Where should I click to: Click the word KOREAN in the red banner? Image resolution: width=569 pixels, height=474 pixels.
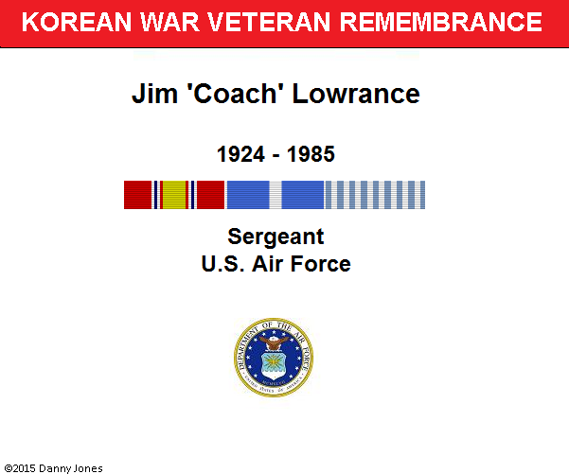tap(76, 22)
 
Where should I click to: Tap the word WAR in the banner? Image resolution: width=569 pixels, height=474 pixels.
tap(169, 22)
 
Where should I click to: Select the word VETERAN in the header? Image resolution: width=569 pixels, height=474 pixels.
tap(269, 22)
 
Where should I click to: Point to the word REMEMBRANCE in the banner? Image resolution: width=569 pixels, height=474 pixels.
tap(440, 22)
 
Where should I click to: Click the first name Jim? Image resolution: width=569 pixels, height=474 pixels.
tap(154, 94)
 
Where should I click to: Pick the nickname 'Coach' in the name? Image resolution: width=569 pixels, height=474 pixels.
tap(235, 94)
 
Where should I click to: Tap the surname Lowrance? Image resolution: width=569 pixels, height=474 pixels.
tap(356, 94)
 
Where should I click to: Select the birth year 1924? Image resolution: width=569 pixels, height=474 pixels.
tap(241, 154)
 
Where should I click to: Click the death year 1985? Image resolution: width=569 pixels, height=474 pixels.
tap(311, 154)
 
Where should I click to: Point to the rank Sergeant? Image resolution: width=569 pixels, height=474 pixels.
tap(276, 237)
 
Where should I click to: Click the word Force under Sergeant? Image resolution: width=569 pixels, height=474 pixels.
tap(320, 264)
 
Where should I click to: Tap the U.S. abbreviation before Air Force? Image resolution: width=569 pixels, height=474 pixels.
tap(222, 264)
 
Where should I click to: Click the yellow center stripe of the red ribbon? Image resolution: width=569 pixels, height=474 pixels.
tap(174, 195)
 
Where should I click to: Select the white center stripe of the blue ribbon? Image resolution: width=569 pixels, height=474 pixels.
tap(276, 195)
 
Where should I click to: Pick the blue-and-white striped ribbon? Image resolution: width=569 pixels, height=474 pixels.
tap(375, 195)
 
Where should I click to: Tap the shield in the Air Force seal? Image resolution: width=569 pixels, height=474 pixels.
tap(274, 365)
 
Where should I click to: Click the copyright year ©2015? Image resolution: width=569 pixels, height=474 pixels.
tap(20, 468)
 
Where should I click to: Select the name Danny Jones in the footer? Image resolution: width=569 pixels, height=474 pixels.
tap(70, 468)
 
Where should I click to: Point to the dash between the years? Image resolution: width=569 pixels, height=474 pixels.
tap(276, 156)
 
